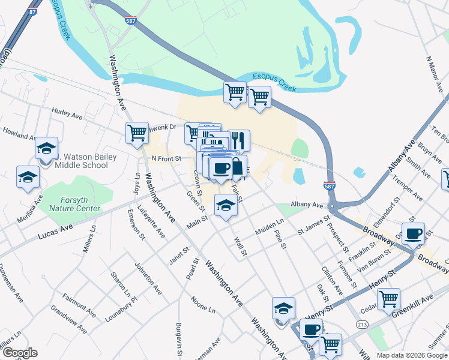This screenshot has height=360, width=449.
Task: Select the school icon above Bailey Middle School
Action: click(46, 148)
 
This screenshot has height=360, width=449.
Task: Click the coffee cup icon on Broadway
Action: click(413, 233)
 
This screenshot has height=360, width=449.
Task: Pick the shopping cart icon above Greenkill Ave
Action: click(389, 298)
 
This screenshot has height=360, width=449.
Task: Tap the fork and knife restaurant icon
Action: click(239, 140)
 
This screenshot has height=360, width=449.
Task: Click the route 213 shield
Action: click(363, 325)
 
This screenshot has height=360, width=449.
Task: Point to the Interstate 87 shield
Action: click(32, 11)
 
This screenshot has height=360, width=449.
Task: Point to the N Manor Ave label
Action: click(436, 75)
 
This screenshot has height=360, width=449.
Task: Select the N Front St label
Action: click(166, 158)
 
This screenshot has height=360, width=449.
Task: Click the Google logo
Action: click(19, 353)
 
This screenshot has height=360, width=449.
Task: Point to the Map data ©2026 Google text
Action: click(411, 355)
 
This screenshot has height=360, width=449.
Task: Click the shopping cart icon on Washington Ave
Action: click(137, 133)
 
